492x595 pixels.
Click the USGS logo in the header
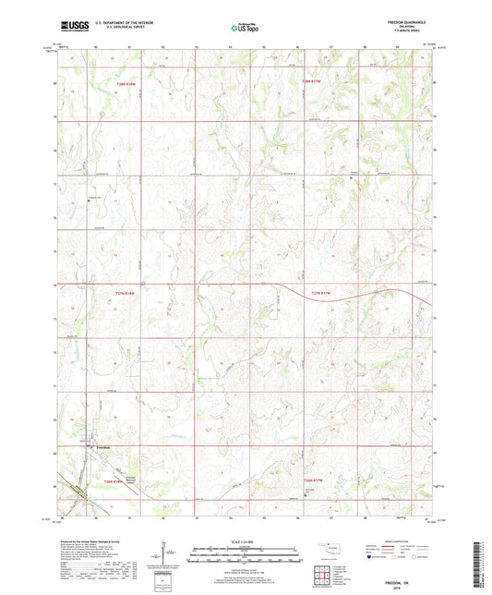pos(67,29)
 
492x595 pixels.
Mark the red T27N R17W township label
pos(321,293)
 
